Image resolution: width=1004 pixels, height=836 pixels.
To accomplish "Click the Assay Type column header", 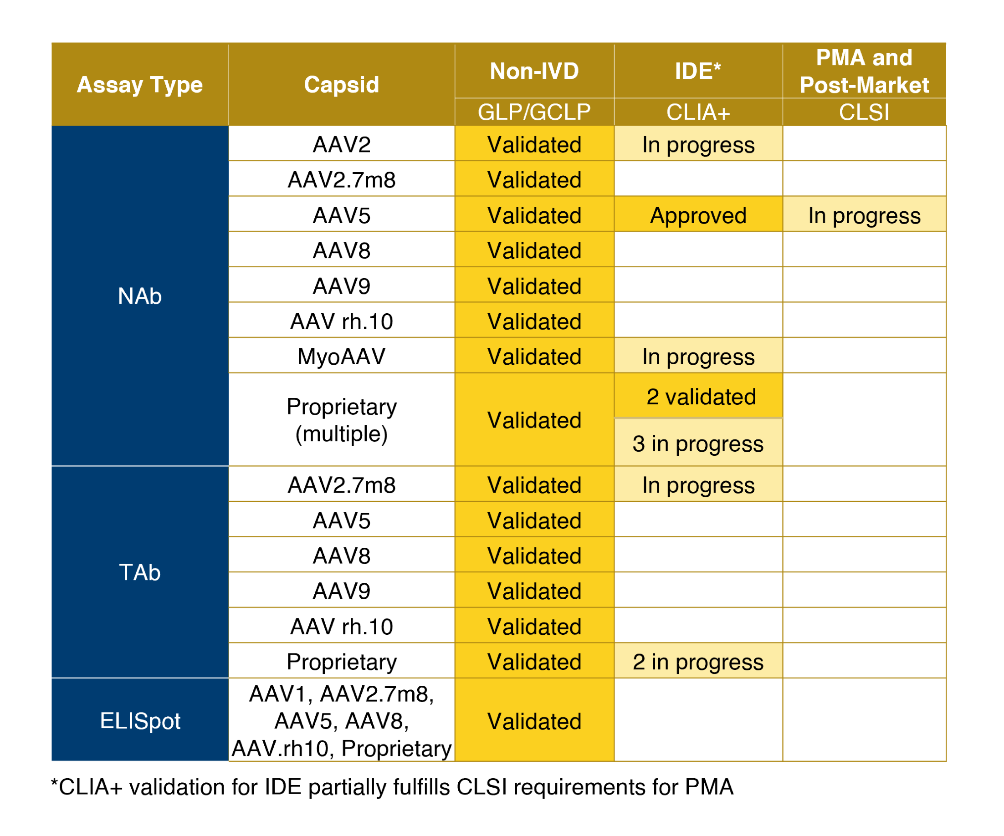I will (x=139, y=85).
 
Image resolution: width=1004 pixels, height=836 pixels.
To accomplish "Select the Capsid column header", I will (x=341, y=85).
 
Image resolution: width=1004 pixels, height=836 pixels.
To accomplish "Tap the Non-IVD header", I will (x=534, y=71).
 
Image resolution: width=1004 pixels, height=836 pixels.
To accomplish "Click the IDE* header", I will (x=697, y=71).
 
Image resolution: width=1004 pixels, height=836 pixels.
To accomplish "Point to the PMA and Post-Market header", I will (x=864, y=71).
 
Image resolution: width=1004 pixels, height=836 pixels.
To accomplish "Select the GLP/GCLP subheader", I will (x=534, y=112).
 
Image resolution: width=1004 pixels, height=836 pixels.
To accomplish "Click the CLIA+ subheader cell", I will (x=697, y=112).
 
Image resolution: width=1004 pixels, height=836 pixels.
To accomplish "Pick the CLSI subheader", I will (x=864, y=112).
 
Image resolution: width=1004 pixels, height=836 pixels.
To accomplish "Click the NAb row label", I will (x=139, y=296).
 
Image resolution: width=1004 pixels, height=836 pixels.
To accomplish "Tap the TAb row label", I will (x=139, y=572).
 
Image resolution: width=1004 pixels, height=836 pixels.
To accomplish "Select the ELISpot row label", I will (x=139, y=720).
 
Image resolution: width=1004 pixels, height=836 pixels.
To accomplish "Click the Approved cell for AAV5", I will (x=697, y=215).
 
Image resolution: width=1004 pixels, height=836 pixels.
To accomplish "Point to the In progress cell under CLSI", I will (x=864, y=215).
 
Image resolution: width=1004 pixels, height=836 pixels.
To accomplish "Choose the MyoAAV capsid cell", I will (x=341, y=357).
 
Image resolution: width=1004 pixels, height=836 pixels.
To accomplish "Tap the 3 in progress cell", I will (x=697, y=443).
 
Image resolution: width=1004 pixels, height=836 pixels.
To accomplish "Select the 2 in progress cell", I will (x=697, y=662).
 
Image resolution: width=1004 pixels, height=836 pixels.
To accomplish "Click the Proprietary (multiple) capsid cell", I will (x=341, y=420).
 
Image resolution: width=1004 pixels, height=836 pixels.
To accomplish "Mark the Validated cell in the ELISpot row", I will (x=534, y=721).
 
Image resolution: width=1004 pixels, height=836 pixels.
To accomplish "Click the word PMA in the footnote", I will (x=708, y=787).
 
